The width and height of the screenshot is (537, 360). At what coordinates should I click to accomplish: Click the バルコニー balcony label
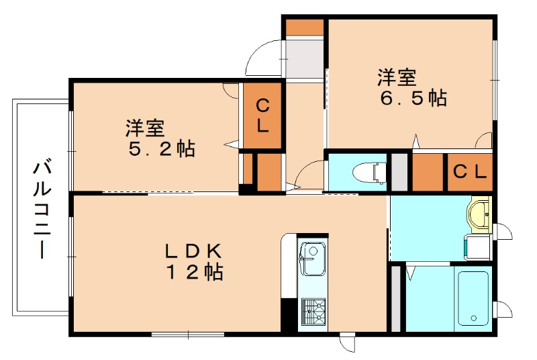point(42,209)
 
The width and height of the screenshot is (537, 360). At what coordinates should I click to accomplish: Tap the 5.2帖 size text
point(162,148)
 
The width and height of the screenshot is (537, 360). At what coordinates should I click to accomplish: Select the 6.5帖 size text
point(413,98)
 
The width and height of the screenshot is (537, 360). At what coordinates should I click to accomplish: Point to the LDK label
point(194,251)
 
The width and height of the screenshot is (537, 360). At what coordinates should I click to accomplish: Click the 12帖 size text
point(195,272)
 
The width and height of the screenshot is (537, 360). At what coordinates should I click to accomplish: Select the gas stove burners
point(311,312)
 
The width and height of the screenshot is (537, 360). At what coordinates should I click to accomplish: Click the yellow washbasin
point(480,214)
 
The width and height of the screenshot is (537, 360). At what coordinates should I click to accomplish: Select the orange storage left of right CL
point(428,172)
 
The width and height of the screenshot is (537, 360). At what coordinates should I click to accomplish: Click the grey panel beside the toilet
point(400,172)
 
